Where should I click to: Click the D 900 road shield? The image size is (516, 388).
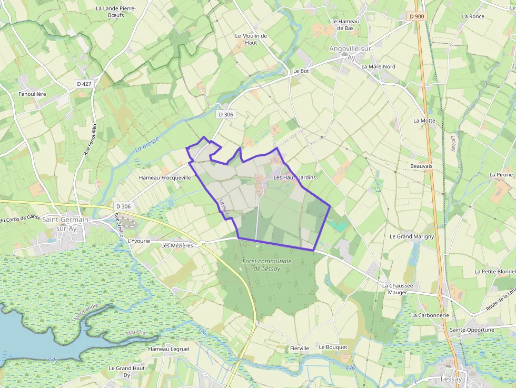(x=416, y=16)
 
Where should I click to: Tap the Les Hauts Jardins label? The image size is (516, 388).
(x=295, y=177)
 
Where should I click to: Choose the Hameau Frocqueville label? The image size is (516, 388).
(x=165, y=178)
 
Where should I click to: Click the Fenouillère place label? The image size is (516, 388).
(x=33, y=94)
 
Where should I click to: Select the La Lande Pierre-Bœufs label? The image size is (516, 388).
(x=116, y=12)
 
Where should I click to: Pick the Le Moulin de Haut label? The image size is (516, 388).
(x=251, y=39)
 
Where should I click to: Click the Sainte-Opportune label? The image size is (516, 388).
(x=472, y=330)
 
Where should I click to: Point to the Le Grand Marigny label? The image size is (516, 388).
(x=412, y=236)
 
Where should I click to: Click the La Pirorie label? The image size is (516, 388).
(x=501, y=174)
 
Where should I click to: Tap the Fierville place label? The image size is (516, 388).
(x=300, y=348)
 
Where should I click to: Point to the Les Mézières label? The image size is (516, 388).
(x=177, y=245)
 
